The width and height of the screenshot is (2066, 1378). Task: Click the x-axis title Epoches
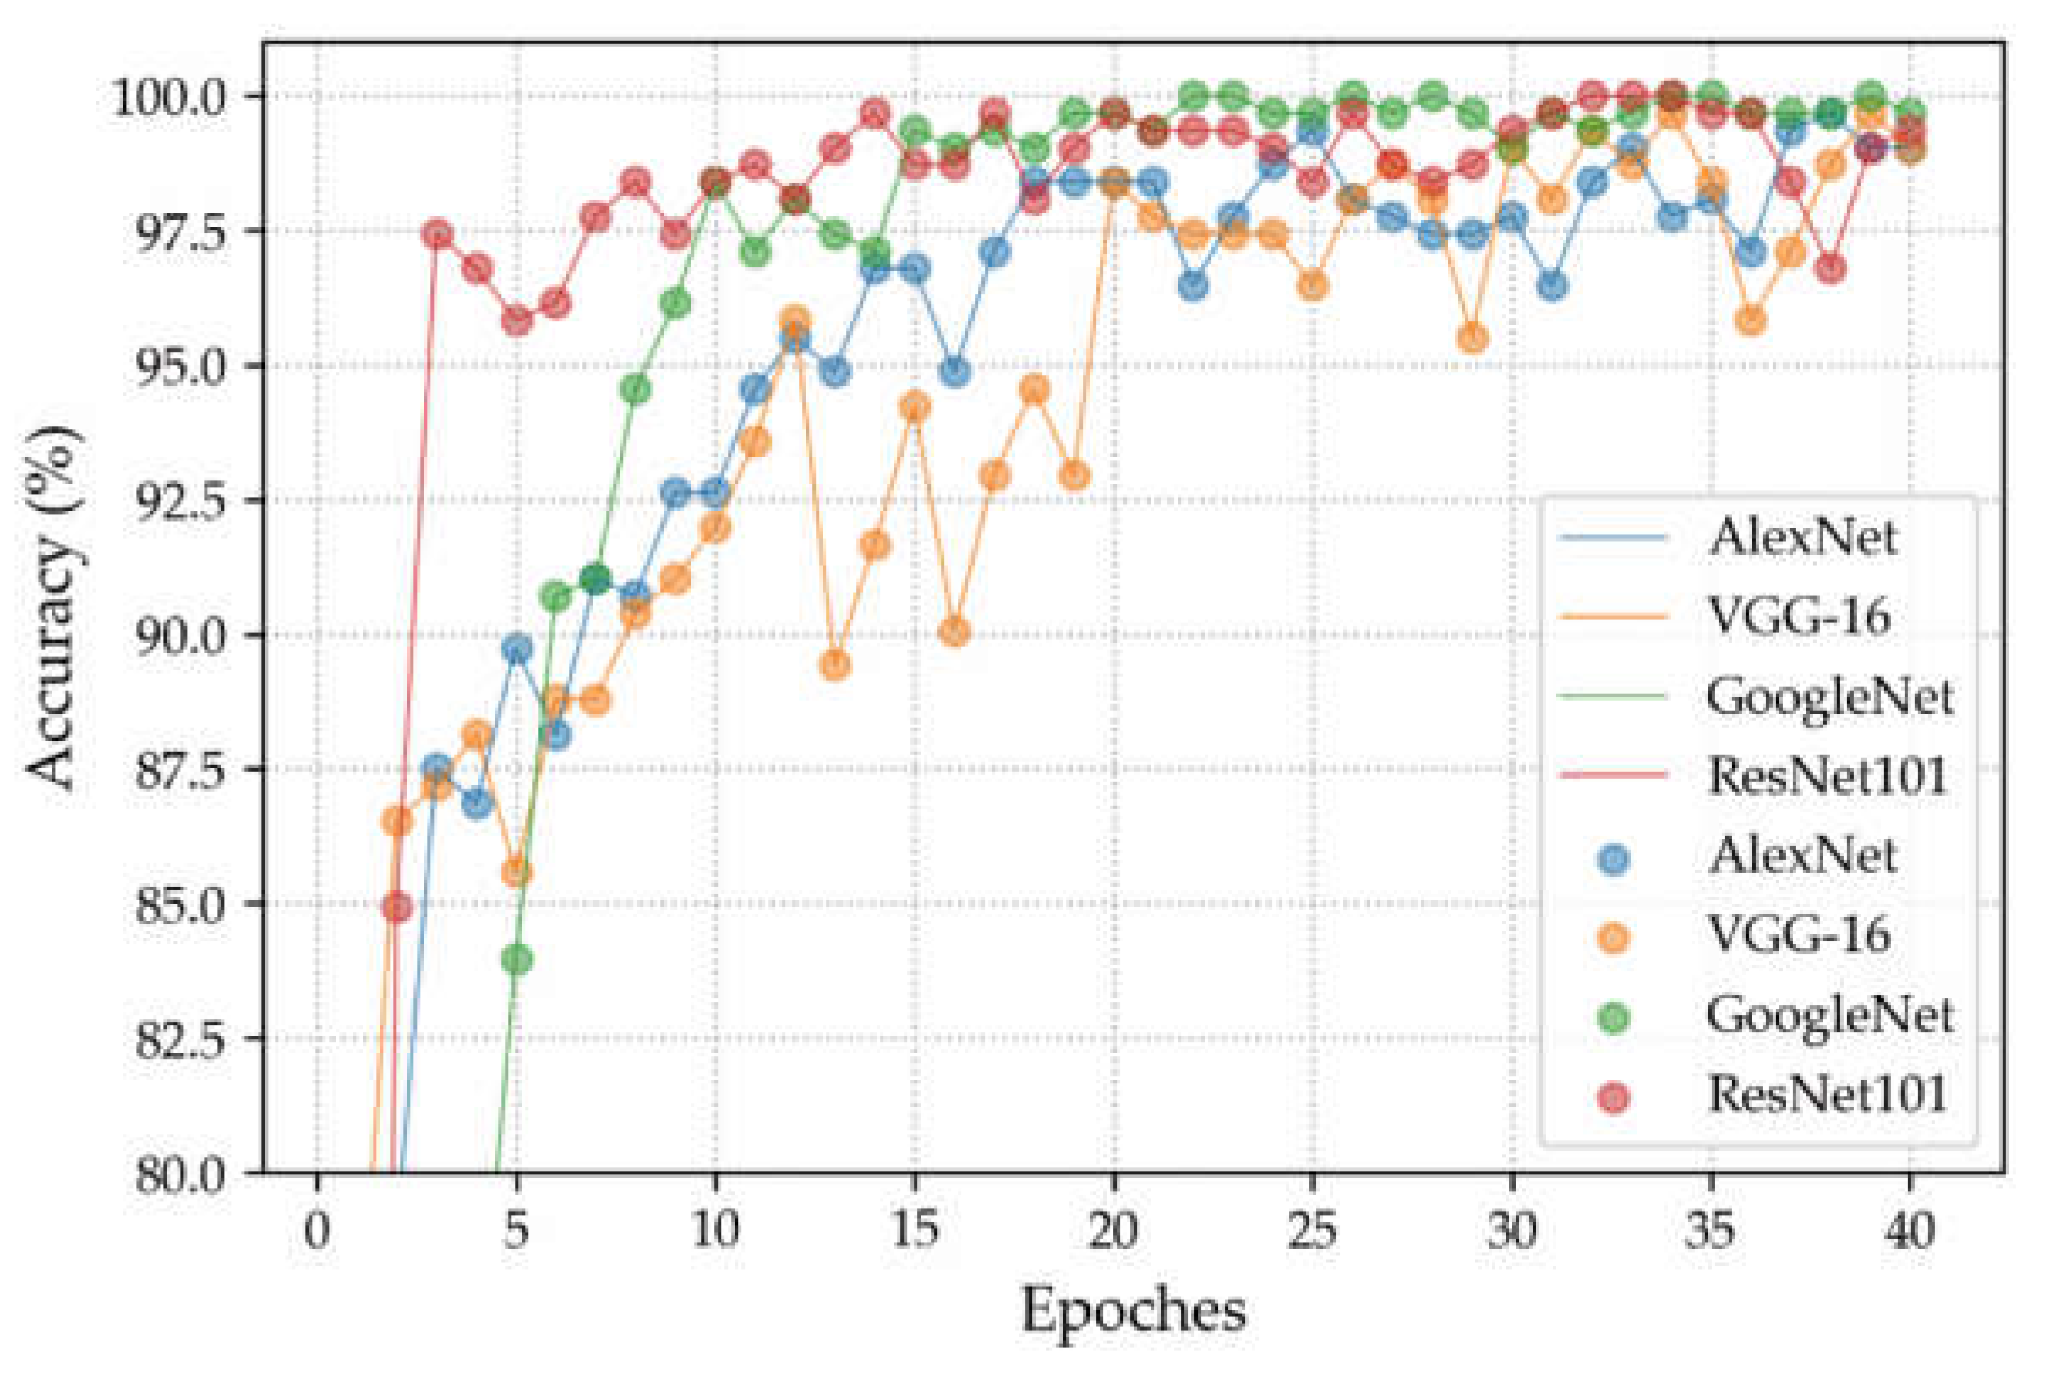click(1133, 1310)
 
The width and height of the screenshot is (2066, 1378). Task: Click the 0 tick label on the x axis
click(316, 1230)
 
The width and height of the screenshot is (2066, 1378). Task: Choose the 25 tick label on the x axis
click(1312, 1230)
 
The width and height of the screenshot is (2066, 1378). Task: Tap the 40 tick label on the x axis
click(1910, 1230)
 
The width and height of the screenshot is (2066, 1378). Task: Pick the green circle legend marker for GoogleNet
click(1614, 1017)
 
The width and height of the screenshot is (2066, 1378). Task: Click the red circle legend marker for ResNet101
click(1614, 1096)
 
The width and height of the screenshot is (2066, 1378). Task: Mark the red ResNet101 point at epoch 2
click(397, 906)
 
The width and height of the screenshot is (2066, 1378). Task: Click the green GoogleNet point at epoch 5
click(516, 960)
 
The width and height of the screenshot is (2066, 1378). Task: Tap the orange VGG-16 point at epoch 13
click(835, 666)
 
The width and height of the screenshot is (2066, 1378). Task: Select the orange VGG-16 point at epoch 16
click(954, 632)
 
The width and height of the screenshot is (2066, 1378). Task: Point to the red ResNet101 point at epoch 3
click(438, 235)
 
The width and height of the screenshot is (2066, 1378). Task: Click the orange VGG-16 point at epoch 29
click(1473, 338)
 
